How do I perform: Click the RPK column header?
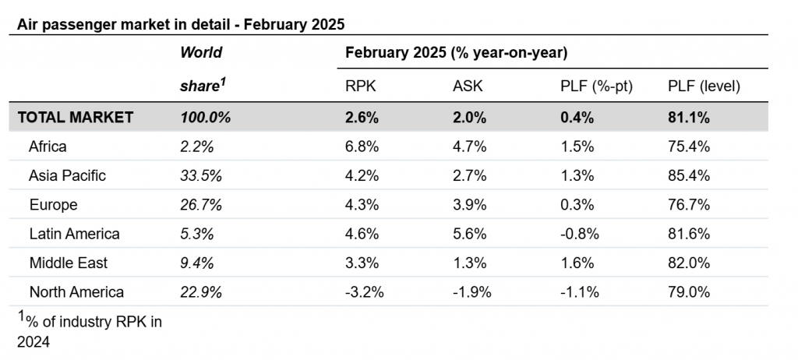click(360, 86)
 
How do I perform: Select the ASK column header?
click(468, 86)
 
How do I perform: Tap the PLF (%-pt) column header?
click(596, 86)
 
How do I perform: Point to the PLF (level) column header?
click(704, 86)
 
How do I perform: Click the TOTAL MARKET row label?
click(76, 117)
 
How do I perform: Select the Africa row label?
click(48, 146)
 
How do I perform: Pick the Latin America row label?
click(74, 234)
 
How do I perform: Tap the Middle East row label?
click(69, 263)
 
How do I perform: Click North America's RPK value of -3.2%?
click(365, 292)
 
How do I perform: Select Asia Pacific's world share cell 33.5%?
click(201, 175)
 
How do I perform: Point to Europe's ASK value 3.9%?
click(470, 205)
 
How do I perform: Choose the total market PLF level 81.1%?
click(689, 117)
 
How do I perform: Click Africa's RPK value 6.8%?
click(362, 146)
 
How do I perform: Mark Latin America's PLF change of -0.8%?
click(580, 234)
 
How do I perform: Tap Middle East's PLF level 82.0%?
click(689, 263)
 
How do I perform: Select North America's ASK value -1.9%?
click(471, 292)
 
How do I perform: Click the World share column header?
click(203, 69)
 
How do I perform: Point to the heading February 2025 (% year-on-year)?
click(457, 52)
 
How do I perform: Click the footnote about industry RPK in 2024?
click(90, 331)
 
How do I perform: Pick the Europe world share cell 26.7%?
click(201, 205)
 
